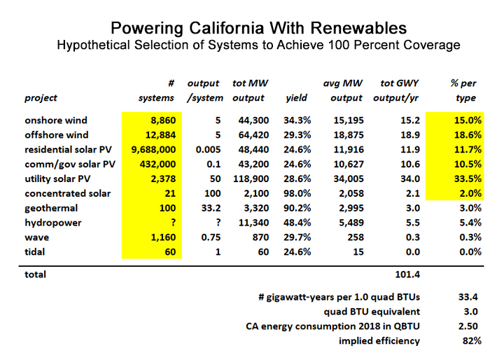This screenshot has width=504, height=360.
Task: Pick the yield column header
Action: [x=297, y=97]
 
